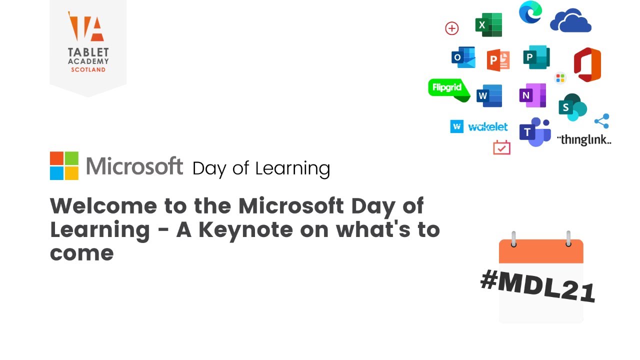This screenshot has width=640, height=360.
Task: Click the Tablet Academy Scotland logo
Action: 88,42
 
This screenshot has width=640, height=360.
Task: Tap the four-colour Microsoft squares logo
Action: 64,166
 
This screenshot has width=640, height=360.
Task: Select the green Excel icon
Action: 488,25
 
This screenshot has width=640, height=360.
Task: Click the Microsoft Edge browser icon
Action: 530,12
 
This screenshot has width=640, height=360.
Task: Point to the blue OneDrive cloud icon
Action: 570,21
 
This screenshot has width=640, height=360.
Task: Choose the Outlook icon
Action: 463,57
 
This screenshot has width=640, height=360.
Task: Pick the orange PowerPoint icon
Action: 498,59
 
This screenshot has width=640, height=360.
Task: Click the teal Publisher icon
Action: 536,57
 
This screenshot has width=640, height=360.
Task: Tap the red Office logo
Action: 587,64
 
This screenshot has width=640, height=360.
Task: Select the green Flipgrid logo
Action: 448,89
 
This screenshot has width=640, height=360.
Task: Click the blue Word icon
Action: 489,95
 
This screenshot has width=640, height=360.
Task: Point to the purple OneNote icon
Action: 532,95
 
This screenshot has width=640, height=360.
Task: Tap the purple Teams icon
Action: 534,132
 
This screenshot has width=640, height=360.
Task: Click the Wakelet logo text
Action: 487,127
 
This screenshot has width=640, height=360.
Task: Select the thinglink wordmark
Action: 584,139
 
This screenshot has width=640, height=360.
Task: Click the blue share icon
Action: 601,121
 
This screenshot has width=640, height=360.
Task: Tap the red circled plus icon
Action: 451,28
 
